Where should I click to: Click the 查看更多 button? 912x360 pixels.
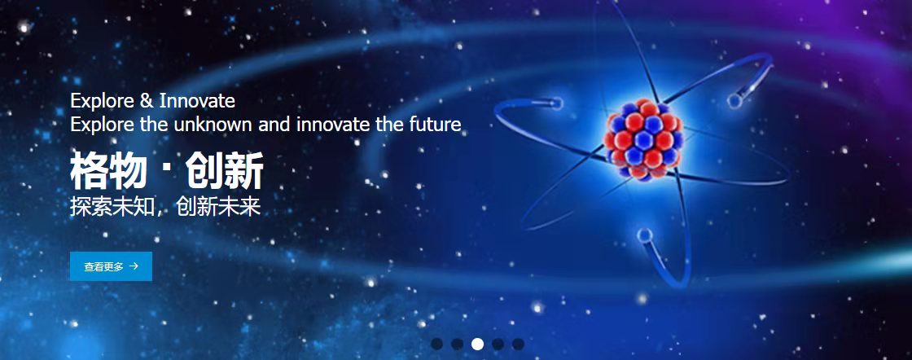[111, 266]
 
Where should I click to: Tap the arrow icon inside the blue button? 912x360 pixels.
[134, 266]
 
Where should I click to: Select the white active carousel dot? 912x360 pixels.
[477, 344]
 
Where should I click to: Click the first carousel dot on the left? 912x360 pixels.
[436, 344]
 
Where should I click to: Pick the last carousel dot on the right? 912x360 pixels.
[518, 344]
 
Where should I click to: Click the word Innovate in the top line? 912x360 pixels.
[197, 101]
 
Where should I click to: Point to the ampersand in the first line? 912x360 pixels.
[146, 101]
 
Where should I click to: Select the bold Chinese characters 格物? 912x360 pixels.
[107, 170]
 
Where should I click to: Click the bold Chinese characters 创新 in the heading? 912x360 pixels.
[225, 170]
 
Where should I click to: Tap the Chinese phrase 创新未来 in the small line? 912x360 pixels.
[219, 206]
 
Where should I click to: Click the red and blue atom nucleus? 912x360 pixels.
[642, 139]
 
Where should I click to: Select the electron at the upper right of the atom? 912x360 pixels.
[734, 101]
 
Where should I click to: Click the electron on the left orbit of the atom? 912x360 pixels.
[557, 103]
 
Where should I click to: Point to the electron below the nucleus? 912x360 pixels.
[644, 235]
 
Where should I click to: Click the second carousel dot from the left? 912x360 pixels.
[457, 344]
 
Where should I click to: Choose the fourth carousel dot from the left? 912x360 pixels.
[498, 344]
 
